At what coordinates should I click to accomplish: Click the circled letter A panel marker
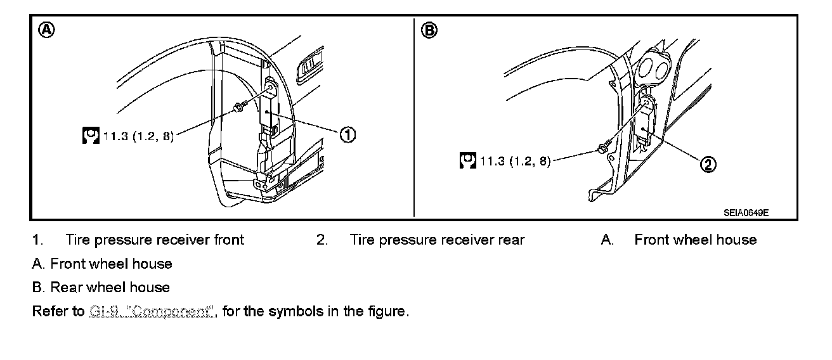pyautogui.click(x=46, y=29)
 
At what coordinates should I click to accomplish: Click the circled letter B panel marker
pyautogui.click(x=429, y=30)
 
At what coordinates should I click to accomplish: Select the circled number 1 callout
pyautogui.click(x=348, y=134)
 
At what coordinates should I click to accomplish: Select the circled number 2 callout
pyautogui.click(x=708, y=164)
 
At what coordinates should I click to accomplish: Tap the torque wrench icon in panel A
pyautogui.click(x=91, y=135)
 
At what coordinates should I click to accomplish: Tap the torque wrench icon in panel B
pyautogui.click(x=468, y=160)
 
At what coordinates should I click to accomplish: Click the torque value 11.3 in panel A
pyautogui.click(x=115, y=136)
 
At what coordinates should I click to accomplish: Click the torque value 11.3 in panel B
pyautogui.click(x=492, y=161)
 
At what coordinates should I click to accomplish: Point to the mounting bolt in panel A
pyautogui.click(x=238, y=109)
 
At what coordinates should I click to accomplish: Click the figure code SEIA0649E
pyautogui.click(x=746, y=213)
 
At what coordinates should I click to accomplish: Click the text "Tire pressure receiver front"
pyautogui.click(x=154, y=240)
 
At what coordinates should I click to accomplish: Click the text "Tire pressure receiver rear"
pyautogui.click(x=437, y=240)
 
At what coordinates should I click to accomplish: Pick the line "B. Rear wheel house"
pyautogui.click(x=101, y=287)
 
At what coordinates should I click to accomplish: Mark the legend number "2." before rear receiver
pyautogui.click(x=322, y=240)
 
